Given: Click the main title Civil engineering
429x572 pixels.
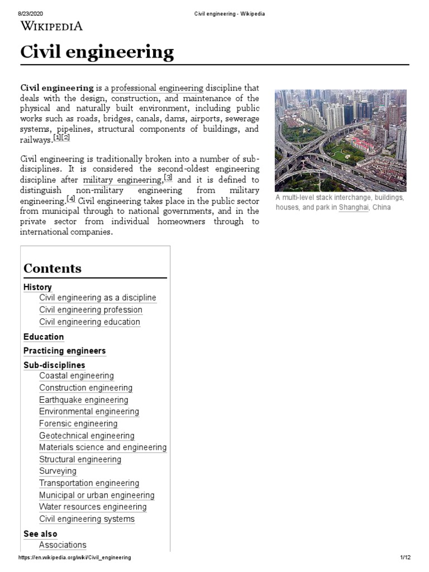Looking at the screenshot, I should pos(97,53).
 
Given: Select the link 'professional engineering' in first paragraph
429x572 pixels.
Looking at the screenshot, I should pos(157,88).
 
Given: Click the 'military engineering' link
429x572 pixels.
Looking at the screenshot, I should pos(122,180).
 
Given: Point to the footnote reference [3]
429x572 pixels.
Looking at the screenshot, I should pos(168,178).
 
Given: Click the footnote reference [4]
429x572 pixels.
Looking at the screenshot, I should pos(71,199).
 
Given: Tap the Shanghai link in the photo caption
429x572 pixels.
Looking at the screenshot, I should pos(353,207).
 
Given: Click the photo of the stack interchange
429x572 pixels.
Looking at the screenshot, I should pos(340,140).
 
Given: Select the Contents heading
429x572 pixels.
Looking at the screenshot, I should pos(53,268).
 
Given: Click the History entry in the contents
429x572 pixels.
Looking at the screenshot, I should pos(37,287).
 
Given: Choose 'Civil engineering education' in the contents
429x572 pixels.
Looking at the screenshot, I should pos(89,322).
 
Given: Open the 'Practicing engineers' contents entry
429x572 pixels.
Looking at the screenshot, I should pos(64,351).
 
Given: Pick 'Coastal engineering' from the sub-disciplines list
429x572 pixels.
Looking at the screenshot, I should pos(77,376).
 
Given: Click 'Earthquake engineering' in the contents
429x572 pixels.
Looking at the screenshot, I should pos(84,400).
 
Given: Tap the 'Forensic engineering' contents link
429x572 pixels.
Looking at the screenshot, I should pos(78,424).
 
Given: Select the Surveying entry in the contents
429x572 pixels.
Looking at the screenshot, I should pos(58,471).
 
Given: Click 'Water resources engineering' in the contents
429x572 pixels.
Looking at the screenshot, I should pos(93,507).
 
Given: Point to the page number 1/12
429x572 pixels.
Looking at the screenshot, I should pos(405,557).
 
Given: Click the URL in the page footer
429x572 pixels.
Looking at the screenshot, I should pos(75,557).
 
